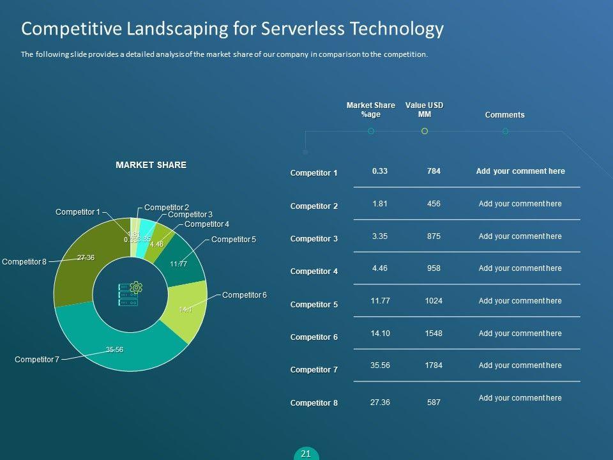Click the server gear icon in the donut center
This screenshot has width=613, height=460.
point(130,295)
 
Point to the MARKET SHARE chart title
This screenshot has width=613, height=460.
point(151,165)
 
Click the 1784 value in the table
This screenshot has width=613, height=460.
point(434,365)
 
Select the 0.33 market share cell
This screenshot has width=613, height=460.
point(380,171)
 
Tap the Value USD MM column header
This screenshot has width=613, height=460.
point(424,110)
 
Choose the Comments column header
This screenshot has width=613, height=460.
point(504,115)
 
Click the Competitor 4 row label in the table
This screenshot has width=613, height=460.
point(314,272)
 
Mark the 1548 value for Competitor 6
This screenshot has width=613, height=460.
point(434,333)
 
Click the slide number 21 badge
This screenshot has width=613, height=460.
point(306,454)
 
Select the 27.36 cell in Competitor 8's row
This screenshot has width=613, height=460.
point(380,402)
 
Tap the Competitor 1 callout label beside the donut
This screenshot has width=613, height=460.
point(77,212)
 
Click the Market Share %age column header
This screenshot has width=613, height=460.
point(370,110)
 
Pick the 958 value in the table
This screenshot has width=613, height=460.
point(434,268)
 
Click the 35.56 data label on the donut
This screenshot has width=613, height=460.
point(115,349)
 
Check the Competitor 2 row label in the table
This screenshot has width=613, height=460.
point(314,206)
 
